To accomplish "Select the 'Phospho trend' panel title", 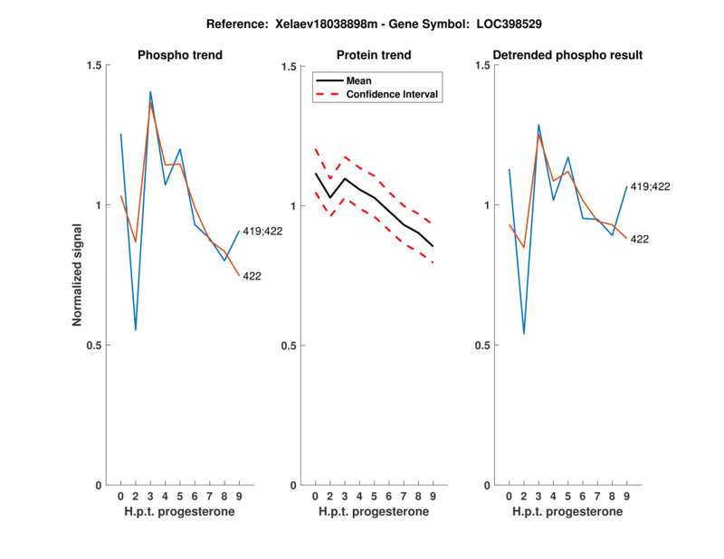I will [180, 55].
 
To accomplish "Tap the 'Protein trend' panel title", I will [374, 55].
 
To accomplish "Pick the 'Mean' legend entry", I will [358, 81].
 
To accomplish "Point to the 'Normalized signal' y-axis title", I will [78, 275].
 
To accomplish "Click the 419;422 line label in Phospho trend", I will [262, 232].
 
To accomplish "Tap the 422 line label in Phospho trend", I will [252, 276].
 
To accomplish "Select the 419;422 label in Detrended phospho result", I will [651, 186].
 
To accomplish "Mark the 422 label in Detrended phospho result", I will [640, 239].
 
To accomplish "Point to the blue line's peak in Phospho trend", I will [150, 91].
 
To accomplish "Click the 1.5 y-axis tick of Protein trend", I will [291, 66].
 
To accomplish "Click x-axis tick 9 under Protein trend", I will [433, 496].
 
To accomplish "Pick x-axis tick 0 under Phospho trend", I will [120, 496].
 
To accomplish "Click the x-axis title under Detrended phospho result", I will [567, 511].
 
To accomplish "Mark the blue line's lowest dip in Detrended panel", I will [523, 334].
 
